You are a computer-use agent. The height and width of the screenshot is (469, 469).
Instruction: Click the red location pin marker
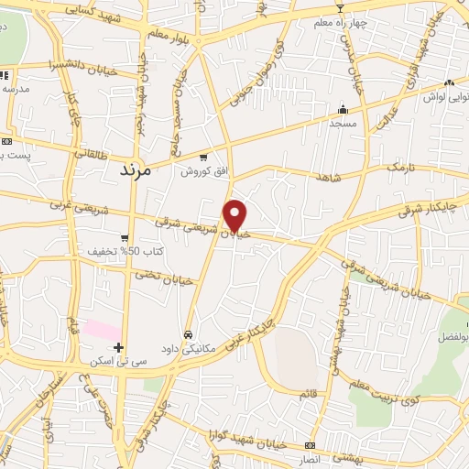coord(236,214)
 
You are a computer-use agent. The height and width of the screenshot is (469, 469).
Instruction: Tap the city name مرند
coord(140,170)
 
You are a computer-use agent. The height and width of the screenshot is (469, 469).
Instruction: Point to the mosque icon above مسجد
coord(344,108)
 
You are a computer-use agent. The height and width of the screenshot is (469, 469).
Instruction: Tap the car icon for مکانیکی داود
coord(188,334)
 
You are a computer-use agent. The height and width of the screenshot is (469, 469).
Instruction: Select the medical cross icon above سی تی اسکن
coord(118,347)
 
